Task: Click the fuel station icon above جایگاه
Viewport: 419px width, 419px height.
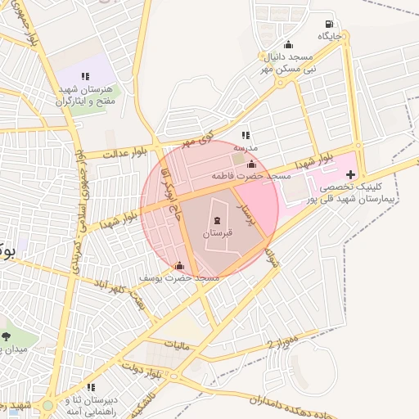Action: (x=329, y=24)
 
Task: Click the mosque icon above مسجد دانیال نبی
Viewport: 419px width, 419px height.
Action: (x=287, y=45)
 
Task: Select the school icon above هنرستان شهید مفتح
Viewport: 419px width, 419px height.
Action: (x=85, y=76)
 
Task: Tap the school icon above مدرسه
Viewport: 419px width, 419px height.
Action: (x=245, y=135)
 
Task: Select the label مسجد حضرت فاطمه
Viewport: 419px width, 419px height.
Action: (x=251, y=176)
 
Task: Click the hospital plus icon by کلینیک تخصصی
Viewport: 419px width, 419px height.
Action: (x=351, y=174)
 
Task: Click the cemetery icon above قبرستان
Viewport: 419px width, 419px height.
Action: (x=217, y=220)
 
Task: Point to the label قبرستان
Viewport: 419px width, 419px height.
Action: (x=217, y=233)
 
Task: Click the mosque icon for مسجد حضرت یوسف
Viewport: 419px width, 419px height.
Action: (x=180, y=265)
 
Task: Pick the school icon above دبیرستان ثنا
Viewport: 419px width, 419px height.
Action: (x=91, y=386)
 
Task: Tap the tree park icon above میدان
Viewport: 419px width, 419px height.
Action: (x=7, y=336)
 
